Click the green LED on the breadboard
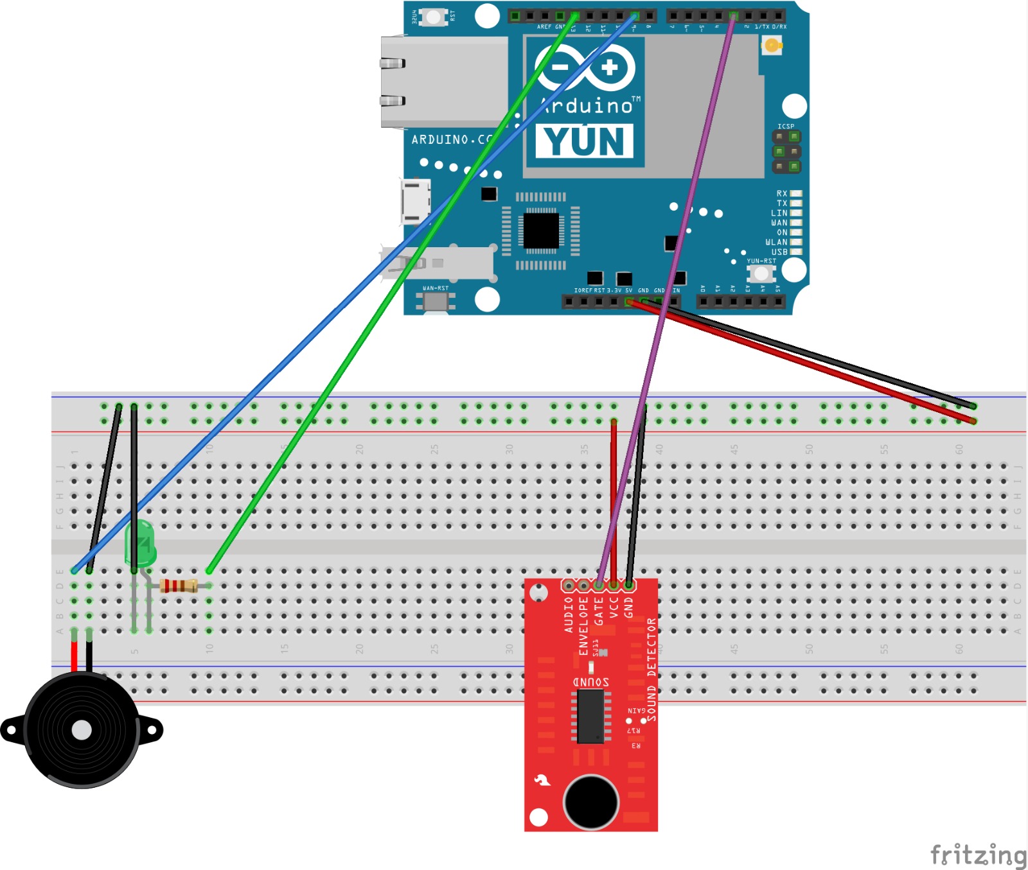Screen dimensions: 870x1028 point(140,543)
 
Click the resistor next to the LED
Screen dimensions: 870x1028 point(178,586)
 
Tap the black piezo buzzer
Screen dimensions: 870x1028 point(82,730)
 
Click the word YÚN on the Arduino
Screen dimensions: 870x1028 point(584,141)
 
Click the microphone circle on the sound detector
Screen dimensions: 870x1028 point(590,802)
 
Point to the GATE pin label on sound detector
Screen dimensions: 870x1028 point(599,611)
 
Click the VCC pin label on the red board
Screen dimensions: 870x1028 point(614,607)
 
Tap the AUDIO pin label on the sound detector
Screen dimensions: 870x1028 point(569,614)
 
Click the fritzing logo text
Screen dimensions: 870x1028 point(978,855)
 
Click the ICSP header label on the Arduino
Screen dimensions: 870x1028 point(786,126)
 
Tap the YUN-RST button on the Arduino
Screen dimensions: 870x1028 point(761,274)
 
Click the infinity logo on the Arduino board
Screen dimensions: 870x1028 point(585,67)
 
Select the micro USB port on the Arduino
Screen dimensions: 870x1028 point(415,202)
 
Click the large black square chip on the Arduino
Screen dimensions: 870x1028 point(541,231)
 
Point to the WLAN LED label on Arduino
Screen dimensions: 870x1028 point(776,243)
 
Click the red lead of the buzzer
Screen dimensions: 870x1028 point(75,655)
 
